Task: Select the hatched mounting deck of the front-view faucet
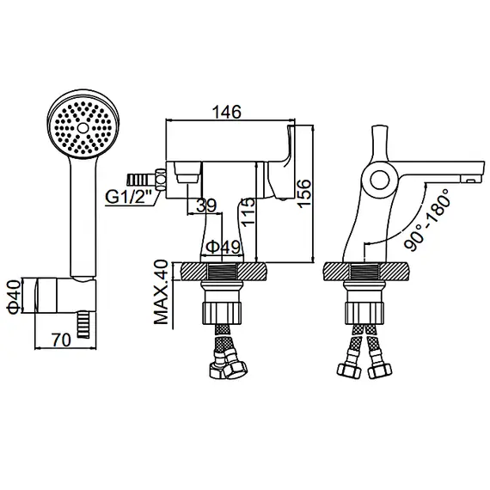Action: click(x=224, y=273)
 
